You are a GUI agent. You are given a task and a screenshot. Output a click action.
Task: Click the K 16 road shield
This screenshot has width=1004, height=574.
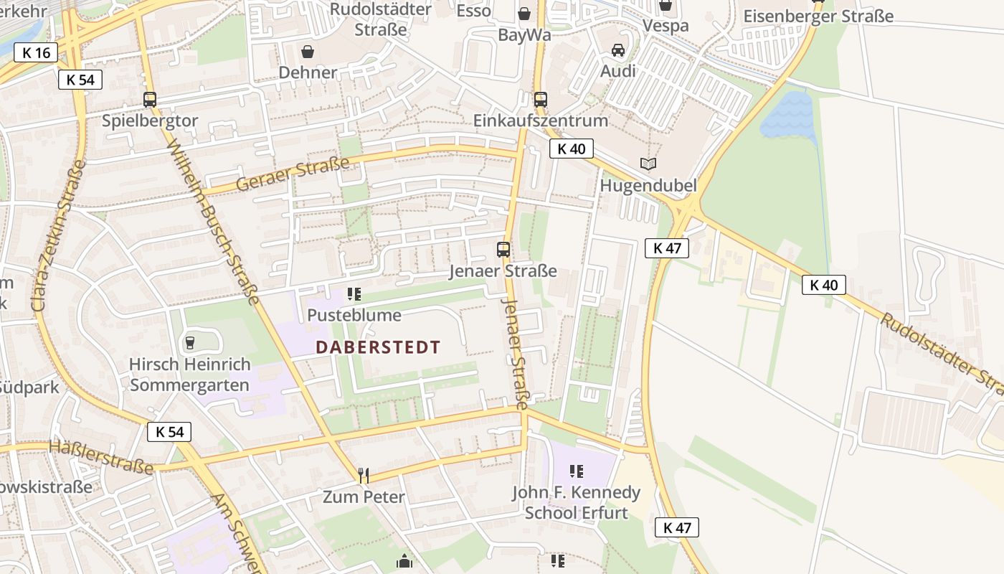pos(36,52)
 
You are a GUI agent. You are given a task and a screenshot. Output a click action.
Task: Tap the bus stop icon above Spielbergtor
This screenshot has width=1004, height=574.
pos(149,100)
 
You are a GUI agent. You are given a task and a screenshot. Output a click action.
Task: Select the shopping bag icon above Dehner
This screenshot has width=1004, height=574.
pos(308,52)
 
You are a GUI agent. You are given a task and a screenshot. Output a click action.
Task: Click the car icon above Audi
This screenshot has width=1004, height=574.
pos(618,50)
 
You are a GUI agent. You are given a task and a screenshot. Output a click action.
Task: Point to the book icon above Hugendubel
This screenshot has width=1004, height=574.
pos(648,164)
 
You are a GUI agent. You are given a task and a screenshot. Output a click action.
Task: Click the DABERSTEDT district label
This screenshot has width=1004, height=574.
pos(378,347)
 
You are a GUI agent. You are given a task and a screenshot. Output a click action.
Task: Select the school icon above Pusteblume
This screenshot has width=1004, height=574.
pos(354,294)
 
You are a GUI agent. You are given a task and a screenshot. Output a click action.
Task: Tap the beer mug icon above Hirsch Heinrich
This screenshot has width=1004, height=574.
pos(190,343)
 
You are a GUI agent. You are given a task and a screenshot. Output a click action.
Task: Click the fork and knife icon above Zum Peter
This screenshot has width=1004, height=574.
pos(364,475)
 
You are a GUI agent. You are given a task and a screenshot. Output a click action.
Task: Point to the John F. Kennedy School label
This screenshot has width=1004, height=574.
pos(576,502)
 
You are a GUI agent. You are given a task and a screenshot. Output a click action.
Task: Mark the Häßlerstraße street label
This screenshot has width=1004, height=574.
pos(101,457)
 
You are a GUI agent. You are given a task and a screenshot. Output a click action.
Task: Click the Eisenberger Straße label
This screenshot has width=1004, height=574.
pos(818,16)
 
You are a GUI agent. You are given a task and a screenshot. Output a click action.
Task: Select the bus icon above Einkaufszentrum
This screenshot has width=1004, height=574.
pos(540,100)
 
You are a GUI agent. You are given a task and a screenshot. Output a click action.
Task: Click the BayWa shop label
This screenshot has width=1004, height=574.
pos(524,35)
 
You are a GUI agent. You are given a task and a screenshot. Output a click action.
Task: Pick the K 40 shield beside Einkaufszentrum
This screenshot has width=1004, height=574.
pos(571,149)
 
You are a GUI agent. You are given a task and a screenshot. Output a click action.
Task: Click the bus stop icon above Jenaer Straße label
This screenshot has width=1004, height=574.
pos(503,250)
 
